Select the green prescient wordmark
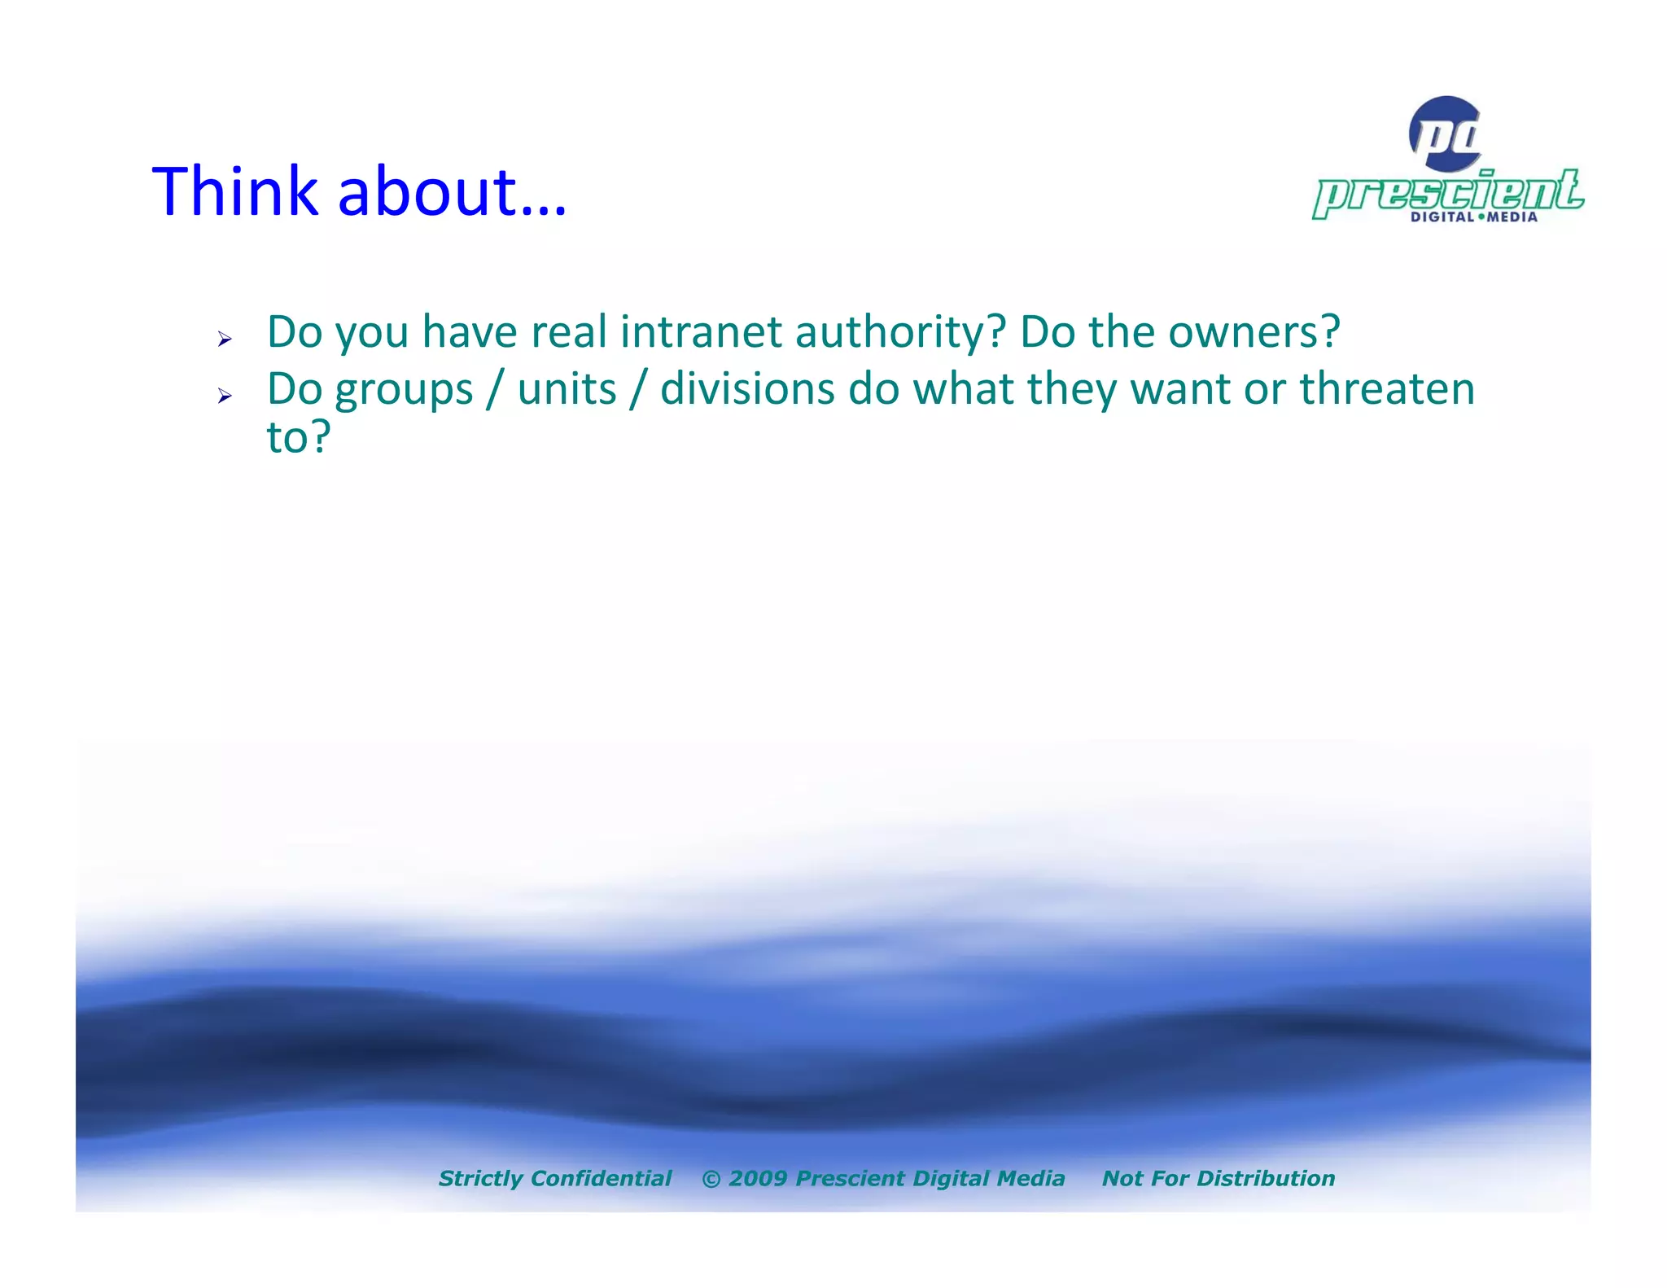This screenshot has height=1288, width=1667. click(x=1448, y=194)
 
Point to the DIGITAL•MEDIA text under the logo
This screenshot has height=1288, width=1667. click(x=1473, y=217)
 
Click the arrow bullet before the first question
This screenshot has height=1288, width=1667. click(x=225, y=339)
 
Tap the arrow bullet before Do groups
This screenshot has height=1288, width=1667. click(x=225, y=396)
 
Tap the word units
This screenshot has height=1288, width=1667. click(x=567, y=389)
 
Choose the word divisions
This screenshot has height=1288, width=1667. click(x=746, y=389)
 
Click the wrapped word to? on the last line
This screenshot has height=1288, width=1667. click(x=298, y=438)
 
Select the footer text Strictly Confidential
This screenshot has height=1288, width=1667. click(x=554, y=1178)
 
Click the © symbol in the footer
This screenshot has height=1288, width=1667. click(x=711, y=1179)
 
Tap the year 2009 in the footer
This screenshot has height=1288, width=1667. click(x=758, y=1178)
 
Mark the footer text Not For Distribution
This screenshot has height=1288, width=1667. click(x=1218, y=1178)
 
